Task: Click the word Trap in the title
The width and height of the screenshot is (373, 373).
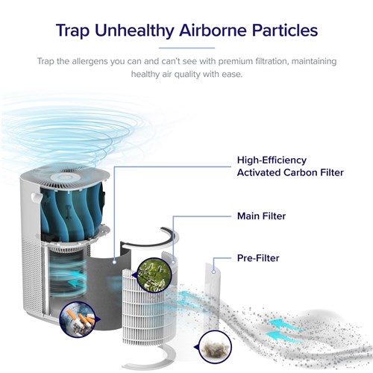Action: pyautogui.click(x=72, y=31)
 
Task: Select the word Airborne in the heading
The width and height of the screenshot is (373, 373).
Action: pyautogui.click(x=213, y=31)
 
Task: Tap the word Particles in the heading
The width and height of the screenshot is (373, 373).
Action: pyautogui.click(x=285, y=31)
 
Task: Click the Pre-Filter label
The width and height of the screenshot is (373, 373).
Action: pyautogui.click(x=258, y=258)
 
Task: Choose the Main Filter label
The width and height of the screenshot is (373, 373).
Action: pyautogui.click(x=261, y=216)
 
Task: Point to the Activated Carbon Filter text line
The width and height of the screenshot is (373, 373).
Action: pyautogui.click(x=290, y=172)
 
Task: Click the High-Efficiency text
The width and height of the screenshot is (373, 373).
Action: pyautogui.click(x=272, y=160)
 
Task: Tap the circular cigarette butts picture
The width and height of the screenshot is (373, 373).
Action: pyautogui.click(x=78, y=319)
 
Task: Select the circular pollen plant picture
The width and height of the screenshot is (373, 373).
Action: pyautogui.click(x=154, y=275)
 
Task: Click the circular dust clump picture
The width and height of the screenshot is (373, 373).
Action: pyautogui.click(x=216, y=346)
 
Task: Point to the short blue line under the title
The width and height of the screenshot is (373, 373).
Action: pyautogui.click(x=186, y=48)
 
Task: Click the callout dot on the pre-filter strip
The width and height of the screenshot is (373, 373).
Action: pyautogui.click(x=213, y=272)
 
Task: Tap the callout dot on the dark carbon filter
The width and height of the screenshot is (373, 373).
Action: pyautogui.click(x=114, y=262)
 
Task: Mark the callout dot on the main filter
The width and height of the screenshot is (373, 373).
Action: pyautogui.click(x=173, y=262)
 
